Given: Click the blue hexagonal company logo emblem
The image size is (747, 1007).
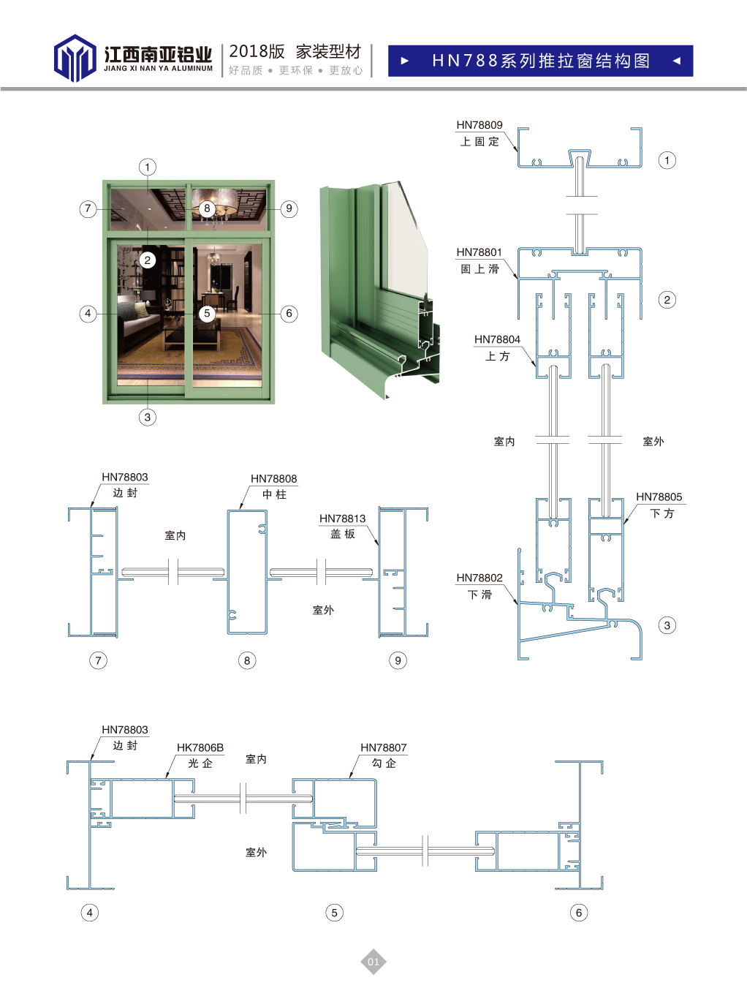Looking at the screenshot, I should pyautogui.click(x=75, y=59).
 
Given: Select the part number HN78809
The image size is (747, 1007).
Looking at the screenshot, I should pyautogui.click(x=479, y=125).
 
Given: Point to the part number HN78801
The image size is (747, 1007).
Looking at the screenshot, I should pyautogui.click(x=479, y=252).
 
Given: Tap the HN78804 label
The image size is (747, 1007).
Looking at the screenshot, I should pyautogui.click(x=497, y=339).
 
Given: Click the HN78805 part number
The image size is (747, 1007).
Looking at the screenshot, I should pyautogui.click(x=659, y=497).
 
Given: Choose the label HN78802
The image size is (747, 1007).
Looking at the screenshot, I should pyautogui.click(x=479, y=578).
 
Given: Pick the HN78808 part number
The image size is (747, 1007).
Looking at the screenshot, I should pyautogui.click(x=273, y=479).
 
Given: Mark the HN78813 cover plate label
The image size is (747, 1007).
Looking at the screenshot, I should pyautogui.click(x=342, y=518).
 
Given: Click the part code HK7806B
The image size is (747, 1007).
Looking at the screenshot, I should pyautogui.click(x=200, y=747).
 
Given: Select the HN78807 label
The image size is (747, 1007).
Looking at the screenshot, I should pyautogui.click(x=383, y=747).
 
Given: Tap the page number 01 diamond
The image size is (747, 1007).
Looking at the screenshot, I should pyautogui.click(x=373, y=962).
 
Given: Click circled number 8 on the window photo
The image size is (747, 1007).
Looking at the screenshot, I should pyautogui.click(x=207, y=208).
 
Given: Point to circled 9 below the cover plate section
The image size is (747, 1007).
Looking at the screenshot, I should pyautogui.click(x=398, y=660).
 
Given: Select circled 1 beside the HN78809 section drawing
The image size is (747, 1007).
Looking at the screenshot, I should pyautogui.click(x=667, y=160).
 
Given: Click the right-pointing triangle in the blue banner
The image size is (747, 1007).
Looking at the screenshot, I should pyautogui.click(x=405, y=61).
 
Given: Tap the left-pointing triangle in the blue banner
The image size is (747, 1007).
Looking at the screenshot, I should pyautogui.click(x=677, y=61).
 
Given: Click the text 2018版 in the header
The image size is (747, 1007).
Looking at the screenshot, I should pyautogui.click(x=257, y=51).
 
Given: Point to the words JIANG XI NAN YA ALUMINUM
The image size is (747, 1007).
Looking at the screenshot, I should pyautogui.click(x=158, y=69).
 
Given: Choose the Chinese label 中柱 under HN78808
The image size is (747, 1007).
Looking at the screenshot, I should pyautogui.click(x=274, y=495).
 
